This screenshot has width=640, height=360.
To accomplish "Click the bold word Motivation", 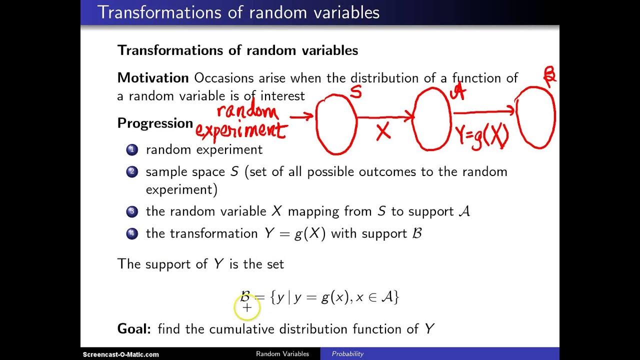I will (152, 78).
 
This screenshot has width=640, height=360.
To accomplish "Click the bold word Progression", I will (155, 123).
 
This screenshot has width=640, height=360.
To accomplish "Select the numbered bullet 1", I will (132, 149).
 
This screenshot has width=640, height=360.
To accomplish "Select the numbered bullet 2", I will (132, 172).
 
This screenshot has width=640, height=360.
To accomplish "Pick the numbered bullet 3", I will (132, 211).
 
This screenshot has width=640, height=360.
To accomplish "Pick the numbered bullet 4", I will (132, 233).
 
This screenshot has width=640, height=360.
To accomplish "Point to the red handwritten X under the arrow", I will (383, 132).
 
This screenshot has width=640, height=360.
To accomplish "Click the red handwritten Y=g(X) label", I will (481, 135).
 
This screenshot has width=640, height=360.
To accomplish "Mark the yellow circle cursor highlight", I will (247, 307).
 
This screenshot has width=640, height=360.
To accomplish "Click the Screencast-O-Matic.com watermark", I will (120, 354).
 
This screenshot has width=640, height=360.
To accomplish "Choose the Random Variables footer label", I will (282, 354).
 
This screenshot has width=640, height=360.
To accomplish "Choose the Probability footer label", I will (347, 354).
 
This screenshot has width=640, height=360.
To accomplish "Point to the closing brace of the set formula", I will (396, 297).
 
